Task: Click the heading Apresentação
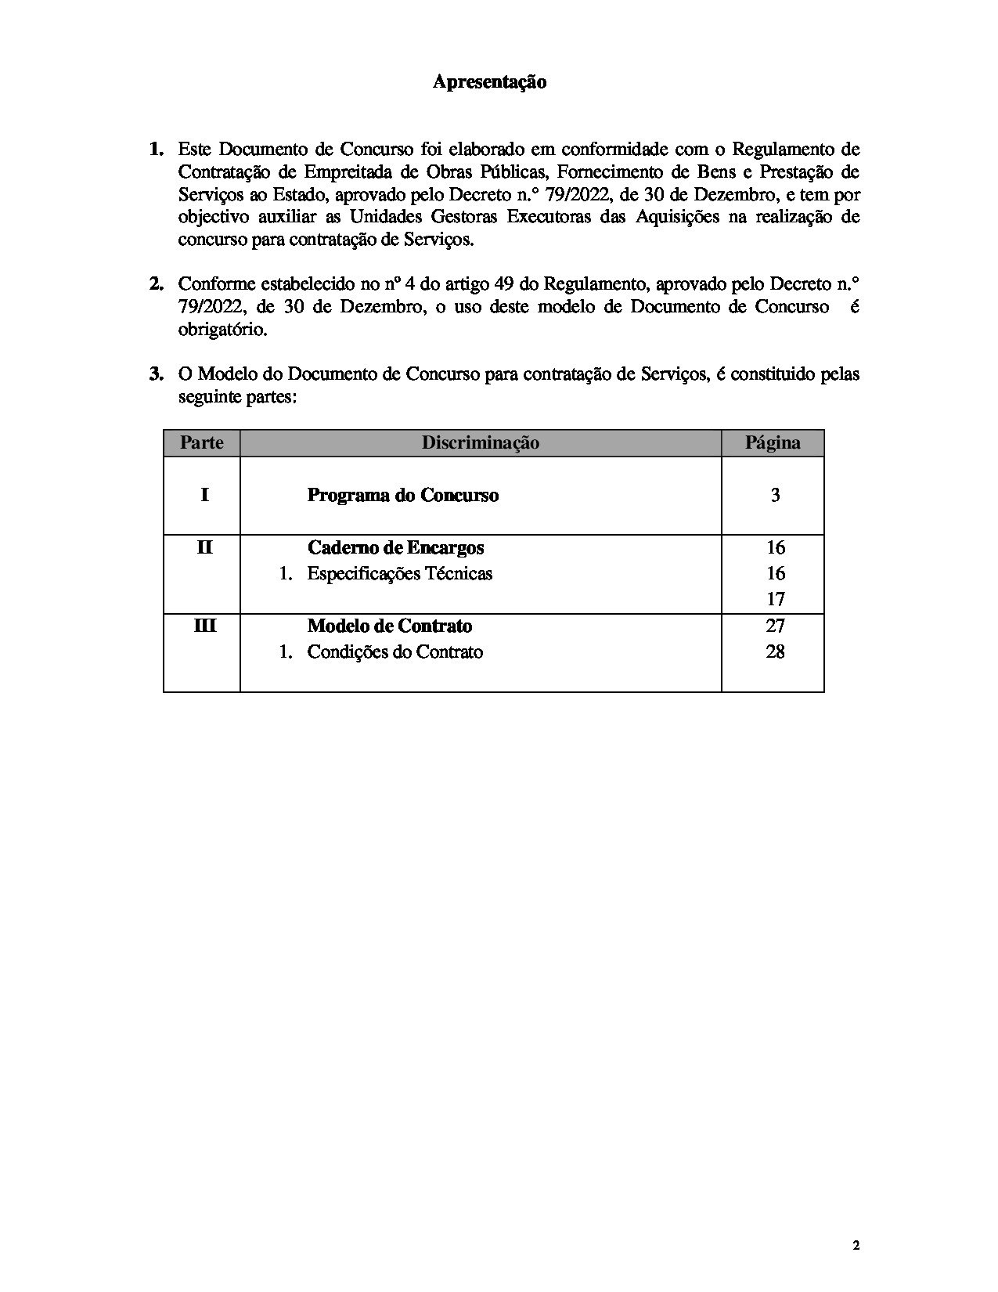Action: (x=489, y=82)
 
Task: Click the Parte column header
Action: (x=202, y=443)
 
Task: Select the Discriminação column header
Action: (x=481, y=443)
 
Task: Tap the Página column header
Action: (x=773, y=443)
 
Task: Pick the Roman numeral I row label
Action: (x=204, y=495)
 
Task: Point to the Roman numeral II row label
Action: (x=204, y=547)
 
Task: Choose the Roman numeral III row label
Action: (x=204, y=626)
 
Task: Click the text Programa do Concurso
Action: (x=402, y=495)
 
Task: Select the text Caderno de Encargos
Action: (x=395, y=547)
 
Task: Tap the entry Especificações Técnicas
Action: (x=399, y=573)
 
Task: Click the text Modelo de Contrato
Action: (x=390, y=626)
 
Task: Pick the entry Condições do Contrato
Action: (x=395, y=651)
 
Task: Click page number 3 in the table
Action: (x=775, y=495)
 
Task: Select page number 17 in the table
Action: (x=775, y=599)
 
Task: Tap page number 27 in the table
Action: (x=775, y=626)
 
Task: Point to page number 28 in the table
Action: (x=775, y=651)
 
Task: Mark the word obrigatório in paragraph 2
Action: (x=223, y=330)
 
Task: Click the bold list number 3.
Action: (x=157, y=374)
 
